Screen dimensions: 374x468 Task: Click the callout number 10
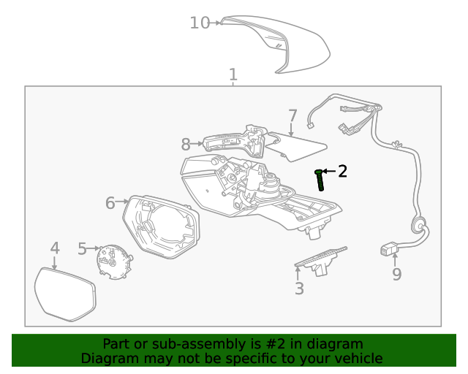[x=200, y=23]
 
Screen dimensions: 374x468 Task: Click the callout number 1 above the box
[x=233, y=75]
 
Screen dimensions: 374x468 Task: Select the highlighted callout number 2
[x=341, y=172]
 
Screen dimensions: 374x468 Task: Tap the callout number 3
[x=299, y=289]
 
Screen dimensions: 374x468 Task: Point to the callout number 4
[x=55, y=248]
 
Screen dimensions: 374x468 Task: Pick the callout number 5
[x=82, y=249]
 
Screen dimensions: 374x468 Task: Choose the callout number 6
[x=110, y=202]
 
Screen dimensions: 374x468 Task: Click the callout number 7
[x=292, y=116]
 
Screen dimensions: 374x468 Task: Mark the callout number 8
[x=186, y=144]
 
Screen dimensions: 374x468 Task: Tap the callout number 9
[x=396, y=274]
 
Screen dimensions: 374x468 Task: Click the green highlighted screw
[x=320, y=179]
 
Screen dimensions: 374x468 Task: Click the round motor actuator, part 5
[x=113, y=261]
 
